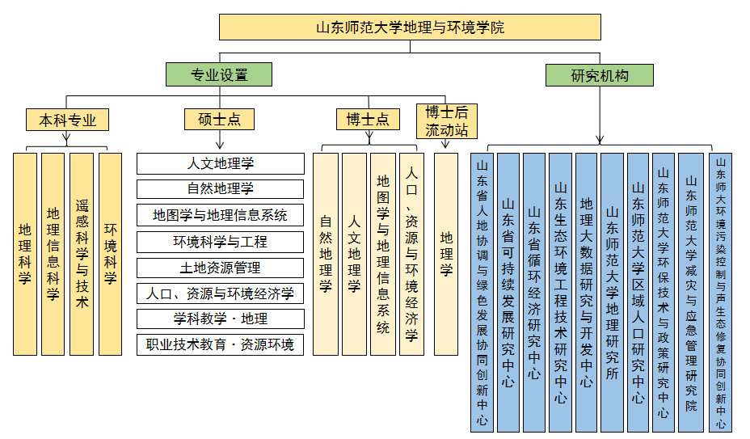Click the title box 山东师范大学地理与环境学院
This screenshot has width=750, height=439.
tap(410, 27)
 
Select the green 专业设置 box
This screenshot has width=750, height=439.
tap(219, 75)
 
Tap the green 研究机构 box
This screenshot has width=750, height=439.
tap(600, 75)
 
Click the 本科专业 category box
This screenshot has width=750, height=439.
tap(67, 120)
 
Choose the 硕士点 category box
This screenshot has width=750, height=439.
tap(219, 120)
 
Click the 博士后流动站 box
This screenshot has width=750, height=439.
tap(446, 120)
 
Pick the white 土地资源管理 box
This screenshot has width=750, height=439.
tap(220, 267)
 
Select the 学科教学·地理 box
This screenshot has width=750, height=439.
tap(220, 319)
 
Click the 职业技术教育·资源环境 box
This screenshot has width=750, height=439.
tap(220, 344)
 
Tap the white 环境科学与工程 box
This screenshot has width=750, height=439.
tap(220, 241)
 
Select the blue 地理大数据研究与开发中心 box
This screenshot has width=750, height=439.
tap(586, 292)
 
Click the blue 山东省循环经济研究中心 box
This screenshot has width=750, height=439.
tap(534, 292)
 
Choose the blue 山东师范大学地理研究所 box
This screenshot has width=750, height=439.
tap(612, 292)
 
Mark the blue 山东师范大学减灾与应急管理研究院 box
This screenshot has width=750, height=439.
tap(691, 292)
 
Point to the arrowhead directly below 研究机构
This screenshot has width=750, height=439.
tap(600, 139)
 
